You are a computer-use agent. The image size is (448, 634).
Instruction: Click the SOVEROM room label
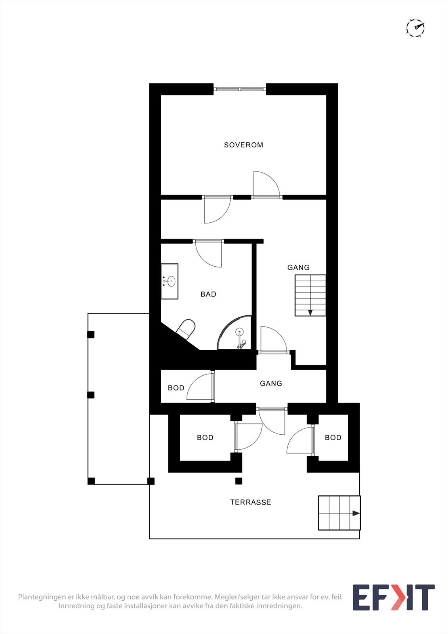coord(243,145)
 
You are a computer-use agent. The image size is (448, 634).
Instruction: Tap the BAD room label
coord(208,294)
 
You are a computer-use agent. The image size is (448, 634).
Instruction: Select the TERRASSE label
coord(251,502)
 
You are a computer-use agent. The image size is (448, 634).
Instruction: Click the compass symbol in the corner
coord(415,28)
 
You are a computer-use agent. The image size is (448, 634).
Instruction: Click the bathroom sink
coord(170,281)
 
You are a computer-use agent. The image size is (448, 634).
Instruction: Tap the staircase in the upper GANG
coord(310,295)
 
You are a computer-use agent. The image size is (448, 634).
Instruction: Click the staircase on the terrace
coord(339,513)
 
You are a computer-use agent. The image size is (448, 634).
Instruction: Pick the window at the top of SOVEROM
coord(240,89)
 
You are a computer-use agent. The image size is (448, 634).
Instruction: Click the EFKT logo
coord(393,598)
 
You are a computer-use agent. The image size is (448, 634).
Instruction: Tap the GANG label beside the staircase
coord(298,267)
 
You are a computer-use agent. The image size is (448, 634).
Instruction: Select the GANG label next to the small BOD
coord(271,383)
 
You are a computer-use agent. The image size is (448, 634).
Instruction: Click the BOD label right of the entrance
coord(333,437)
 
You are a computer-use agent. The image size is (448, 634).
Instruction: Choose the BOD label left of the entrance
coord(205,437)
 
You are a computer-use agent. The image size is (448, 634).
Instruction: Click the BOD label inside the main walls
coord(176,388)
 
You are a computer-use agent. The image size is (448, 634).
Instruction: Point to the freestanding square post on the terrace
coord(238,481)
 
